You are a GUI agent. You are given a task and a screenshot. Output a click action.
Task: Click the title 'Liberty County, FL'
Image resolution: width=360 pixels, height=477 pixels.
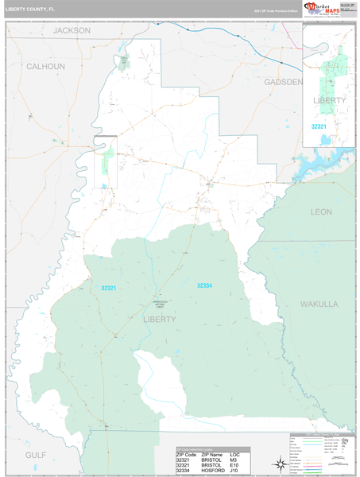(x=30, y=10)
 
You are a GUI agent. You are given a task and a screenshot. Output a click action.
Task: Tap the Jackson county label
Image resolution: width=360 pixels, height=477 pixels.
(x=72, y=30)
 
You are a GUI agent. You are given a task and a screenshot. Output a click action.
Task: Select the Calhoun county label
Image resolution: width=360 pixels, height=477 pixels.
(x=45, y=67)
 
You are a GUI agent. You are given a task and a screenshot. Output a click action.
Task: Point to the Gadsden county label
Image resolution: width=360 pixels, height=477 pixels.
(x=283, y=82)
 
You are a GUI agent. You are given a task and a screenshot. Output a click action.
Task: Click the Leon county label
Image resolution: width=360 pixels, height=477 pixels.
(x=321, y=211)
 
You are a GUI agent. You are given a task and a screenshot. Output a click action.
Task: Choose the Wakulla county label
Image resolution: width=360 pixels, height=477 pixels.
(x=319, y=304)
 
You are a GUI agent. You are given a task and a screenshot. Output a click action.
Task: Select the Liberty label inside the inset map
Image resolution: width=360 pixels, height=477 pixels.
(x=330, y=101)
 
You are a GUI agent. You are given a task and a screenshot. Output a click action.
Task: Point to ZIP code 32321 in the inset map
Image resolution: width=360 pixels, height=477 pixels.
(x=319, y=126)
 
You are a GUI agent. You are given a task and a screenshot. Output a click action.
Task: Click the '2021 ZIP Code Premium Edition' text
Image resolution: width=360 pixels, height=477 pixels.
(x=275, y=11)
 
